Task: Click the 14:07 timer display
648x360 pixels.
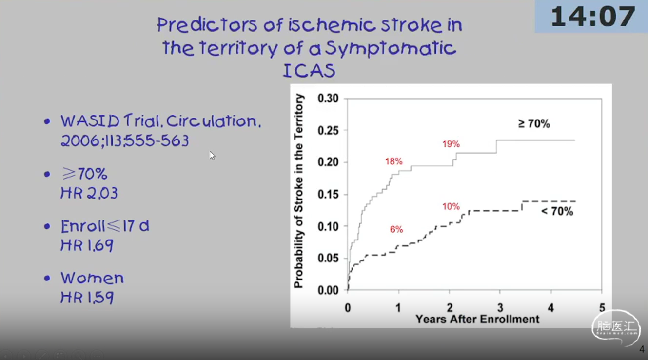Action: [x=592, y=17]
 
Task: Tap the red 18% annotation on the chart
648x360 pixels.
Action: [x=393, y=161]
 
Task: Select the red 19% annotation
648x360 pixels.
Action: [x=451, y=144]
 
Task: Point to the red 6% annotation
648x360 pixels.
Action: [x=396, y=229]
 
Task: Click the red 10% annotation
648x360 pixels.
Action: [x=451, y=206]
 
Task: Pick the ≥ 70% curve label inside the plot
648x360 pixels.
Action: [x=534, y=123]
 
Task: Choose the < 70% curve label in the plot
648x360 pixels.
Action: [x=557, y=211]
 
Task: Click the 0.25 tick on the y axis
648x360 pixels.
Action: [x=328, y=131]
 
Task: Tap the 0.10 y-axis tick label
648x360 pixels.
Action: [x=328, y=226]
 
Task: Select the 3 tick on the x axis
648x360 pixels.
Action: [x=500, y=308]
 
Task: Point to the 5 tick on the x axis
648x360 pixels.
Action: [x=602, y=308]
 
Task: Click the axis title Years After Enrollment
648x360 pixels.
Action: [x=477, y=319]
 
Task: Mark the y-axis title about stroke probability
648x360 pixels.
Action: [x=298, y=191]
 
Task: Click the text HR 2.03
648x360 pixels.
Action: [x=89, y=193]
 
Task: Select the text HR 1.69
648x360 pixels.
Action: [x=87, y=245]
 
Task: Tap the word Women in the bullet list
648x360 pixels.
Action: [x=92, y=278]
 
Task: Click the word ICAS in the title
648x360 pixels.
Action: [x=309, y=71]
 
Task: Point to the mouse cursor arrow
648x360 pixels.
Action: [x=212, y=155]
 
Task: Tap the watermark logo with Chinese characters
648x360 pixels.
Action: [x=616, y=327]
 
